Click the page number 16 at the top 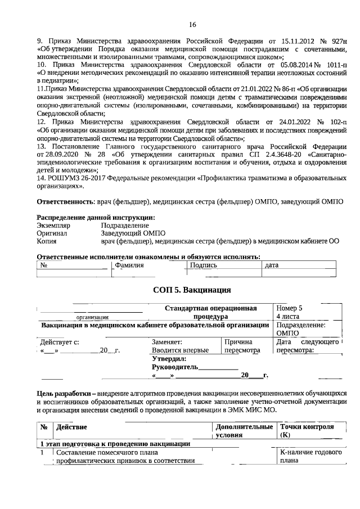pos(192,24)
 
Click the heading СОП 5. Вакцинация pos(192,290)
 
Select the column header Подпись pos(203,264)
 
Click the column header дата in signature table pos(272,265)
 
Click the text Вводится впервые pos(180,350)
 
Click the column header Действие pos(69,427)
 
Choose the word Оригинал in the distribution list pos(52,232)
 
